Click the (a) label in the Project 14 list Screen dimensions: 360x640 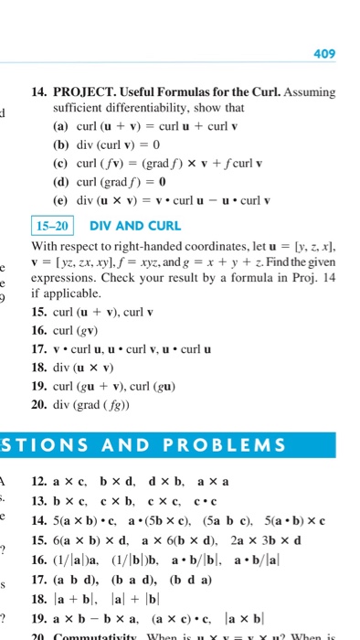[62, 125]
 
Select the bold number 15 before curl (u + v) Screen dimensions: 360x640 [38, 311]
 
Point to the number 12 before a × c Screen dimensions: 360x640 [38, 482]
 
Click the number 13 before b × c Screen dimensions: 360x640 [38, 500]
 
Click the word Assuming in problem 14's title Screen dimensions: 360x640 [309, 93]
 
